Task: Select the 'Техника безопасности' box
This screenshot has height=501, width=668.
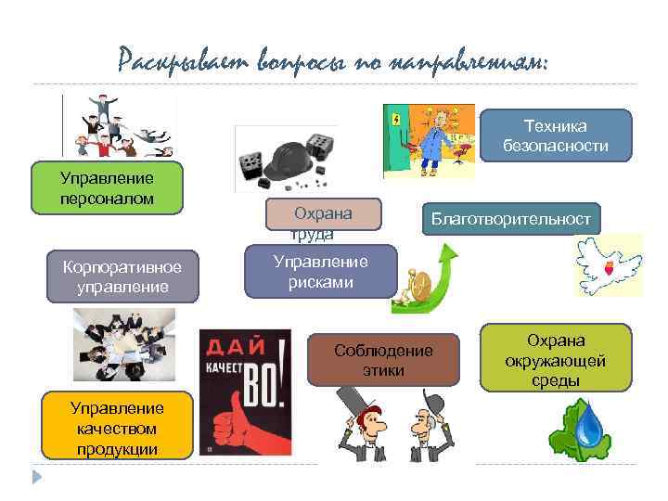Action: [x=555, y=135]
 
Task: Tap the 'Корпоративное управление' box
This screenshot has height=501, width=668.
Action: [x=122, y=276]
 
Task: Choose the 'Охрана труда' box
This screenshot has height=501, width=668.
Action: [x=323, y=214]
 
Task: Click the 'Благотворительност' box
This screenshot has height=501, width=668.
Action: [x=510, y=219]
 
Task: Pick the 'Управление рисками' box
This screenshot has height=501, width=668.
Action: [x=320, y=272]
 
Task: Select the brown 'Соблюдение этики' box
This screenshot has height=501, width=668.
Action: [x=384, y=359]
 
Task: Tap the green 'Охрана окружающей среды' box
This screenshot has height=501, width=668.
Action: [x=556, y=359]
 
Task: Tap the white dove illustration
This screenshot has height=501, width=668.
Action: [x=608, y=263]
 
